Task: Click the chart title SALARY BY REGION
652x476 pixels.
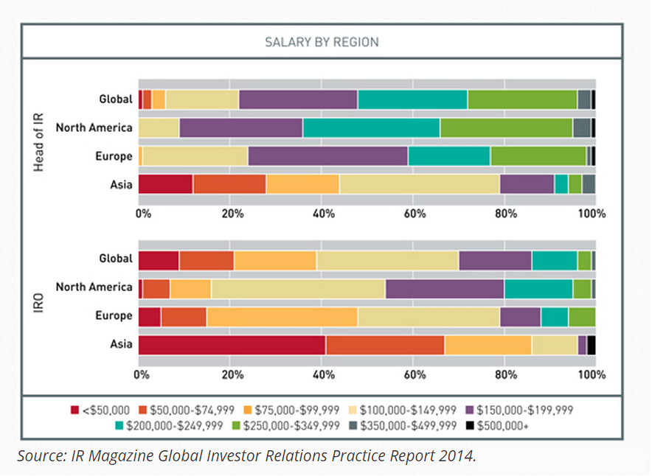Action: click(x=322, y=42)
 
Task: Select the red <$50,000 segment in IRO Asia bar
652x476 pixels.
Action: click(x=232, y=345)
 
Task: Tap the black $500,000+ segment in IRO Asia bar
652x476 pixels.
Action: click(x=591, y=345)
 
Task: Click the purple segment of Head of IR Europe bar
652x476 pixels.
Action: click(x=327, y=156)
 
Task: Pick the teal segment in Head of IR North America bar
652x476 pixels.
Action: click(x=371, y=127)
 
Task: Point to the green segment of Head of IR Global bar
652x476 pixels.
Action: click(x=522, y=99)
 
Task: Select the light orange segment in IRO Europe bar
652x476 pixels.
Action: click(x=282, y=316)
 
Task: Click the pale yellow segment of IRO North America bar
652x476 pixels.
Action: click(x=298, y=287)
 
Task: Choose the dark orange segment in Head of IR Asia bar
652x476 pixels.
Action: click(x=229, y=184)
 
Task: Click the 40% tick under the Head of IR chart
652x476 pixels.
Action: click(x=325, y=214)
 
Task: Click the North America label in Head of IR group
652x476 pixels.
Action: click(x=94, y=127)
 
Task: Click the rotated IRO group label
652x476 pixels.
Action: click(x=38, y=302)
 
